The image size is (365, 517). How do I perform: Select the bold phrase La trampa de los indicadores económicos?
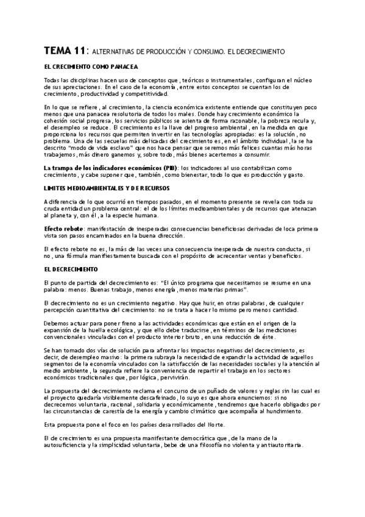coord(107,167)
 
